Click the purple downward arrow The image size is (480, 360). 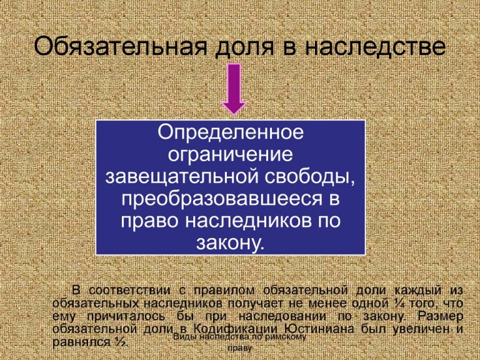pyautogui.click(x=235, y=91)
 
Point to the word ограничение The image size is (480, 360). pyautogui.click(x=231, y=154)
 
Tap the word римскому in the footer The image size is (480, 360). pyautogui.click(x=284, y=337)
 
